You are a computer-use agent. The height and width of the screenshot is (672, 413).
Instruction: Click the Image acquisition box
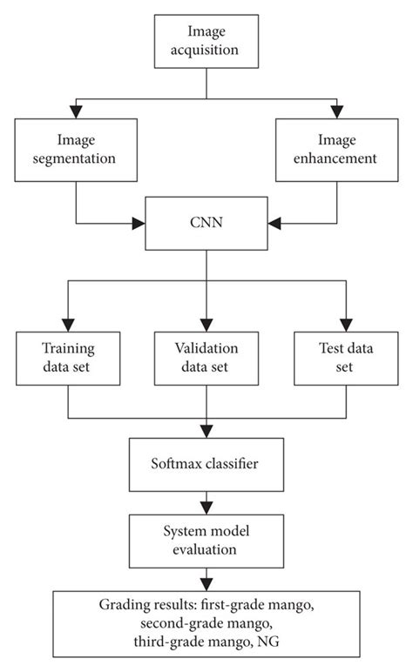pyautogui.click(x=206, y=41)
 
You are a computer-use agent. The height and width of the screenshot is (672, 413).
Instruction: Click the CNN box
pyautogui.click(x=206, y=225)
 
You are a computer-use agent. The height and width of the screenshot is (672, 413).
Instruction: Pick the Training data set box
pyautogui.click(x=69, y=358)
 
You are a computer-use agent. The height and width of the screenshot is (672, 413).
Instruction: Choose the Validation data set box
pyautogui.click(x=206, y=358)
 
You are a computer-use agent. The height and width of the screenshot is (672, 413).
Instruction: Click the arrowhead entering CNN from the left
pyautogui.click(x=140, y=225)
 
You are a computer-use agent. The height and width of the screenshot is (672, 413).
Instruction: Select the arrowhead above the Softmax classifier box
pyautogui.click(x=206, y=433)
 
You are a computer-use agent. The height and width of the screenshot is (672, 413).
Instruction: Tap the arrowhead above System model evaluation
pyautogui.click(x=206, y=508)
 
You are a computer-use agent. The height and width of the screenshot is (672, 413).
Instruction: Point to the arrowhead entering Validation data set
pyautogui.click(x=206, y=323)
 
